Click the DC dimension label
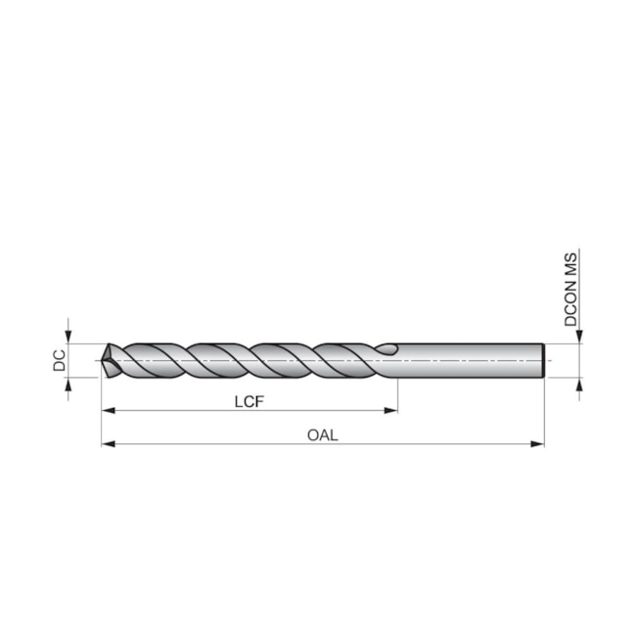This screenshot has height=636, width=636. [59, 360]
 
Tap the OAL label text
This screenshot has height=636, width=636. [322, 434]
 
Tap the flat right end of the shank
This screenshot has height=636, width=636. [543, 360]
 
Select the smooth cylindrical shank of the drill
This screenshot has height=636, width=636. [470, 360]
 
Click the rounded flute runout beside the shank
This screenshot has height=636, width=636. [387, 348]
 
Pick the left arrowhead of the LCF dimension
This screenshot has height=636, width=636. [107, 410]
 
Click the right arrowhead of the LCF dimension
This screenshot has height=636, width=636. [392, 410]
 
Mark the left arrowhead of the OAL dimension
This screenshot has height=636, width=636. [107, 444]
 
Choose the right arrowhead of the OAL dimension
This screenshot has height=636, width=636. [538, 444]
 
